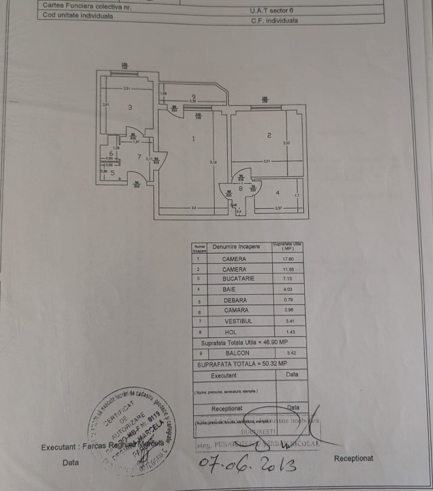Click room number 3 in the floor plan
click(130, 107)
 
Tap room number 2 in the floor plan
click(269, 135)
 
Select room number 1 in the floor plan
click(193, 139)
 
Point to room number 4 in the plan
click(277, 192)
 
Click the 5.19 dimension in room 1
click(213, 162)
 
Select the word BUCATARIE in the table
click(238, 279)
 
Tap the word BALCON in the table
click(237, 353)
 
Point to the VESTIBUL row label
click(238, 321)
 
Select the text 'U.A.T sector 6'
click(268, 10)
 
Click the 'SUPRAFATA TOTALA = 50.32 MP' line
click(242, 364)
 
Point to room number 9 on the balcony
click(193, 96)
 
